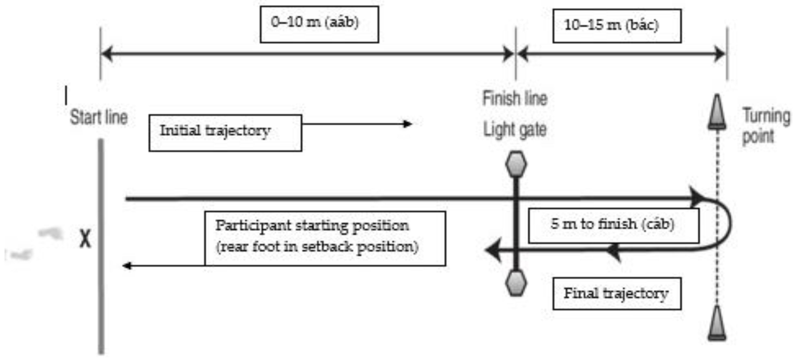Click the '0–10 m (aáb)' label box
[x=319, y=24]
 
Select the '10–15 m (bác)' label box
[x=617, y=26]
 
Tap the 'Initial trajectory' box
[x=225, y=133]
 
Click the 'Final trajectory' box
[x=617, y=293]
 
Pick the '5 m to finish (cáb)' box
[x=613, y=225]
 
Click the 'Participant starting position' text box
[x=325, y=238]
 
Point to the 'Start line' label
[x=99, y=117]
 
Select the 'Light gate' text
[x=515, y=129]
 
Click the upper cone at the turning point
[x=717, y=112]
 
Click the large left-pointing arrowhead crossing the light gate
[x=494, y=250]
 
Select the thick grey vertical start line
[x=101, y=246]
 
